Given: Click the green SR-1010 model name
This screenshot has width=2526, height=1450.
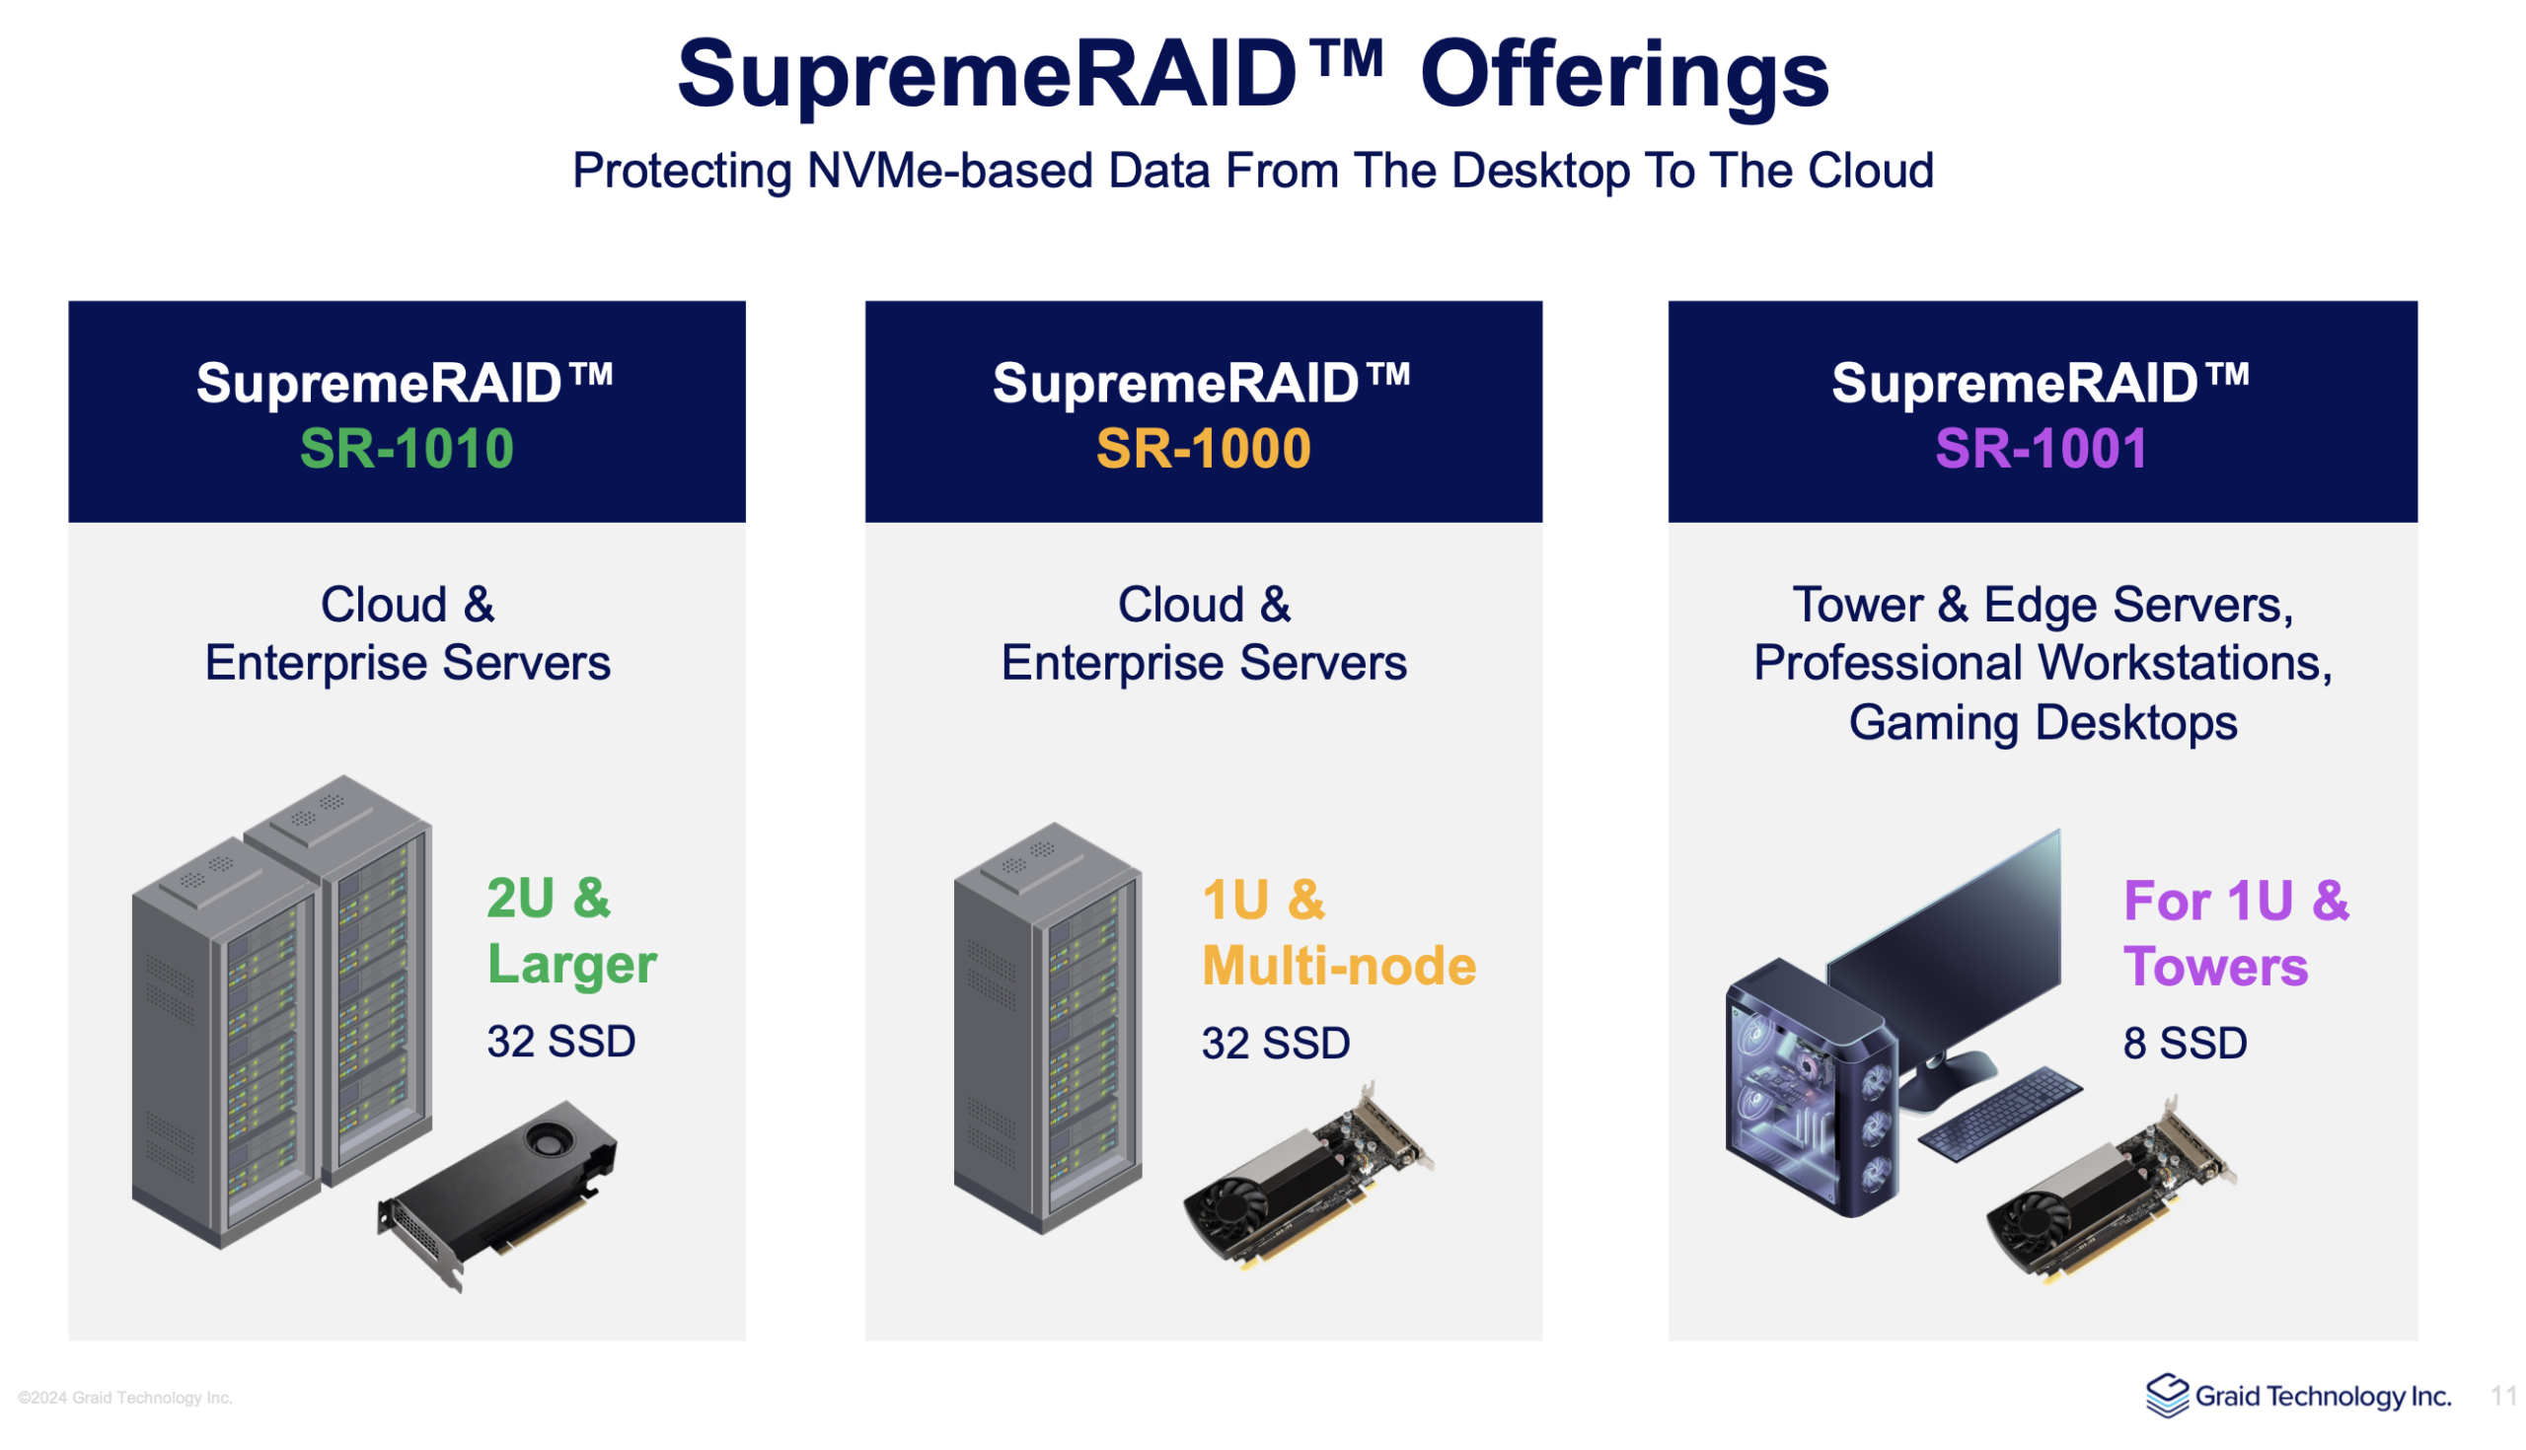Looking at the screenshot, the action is [407, 448].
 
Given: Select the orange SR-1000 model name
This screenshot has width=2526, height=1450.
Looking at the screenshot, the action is [1203, 448].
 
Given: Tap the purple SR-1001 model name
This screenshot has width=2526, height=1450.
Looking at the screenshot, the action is [2042, 448].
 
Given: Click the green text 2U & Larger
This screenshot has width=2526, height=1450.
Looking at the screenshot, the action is [571, 931].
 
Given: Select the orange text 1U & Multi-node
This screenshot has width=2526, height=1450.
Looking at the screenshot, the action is [1339, 933].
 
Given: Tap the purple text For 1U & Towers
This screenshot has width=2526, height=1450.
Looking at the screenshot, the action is [2236, 933].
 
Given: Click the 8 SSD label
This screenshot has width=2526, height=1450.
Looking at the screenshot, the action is [2186, 1044].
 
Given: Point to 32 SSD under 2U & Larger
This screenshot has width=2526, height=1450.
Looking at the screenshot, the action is [560, 1042].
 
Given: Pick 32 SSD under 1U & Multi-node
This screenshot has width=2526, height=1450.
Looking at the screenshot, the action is [1276, 1044].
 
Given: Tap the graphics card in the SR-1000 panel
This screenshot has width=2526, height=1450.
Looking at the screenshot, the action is [1306, 1175].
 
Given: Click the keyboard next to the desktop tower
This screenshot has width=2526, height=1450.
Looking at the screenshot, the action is [1999, 1114].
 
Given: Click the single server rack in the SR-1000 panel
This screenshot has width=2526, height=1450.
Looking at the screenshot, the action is [1048, 1028].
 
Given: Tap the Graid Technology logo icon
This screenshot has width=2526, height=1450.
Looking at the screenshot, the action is [2168, 1396].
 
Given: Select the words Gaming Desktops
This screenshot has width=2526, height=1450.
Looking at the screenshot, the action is [2043, 722].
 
